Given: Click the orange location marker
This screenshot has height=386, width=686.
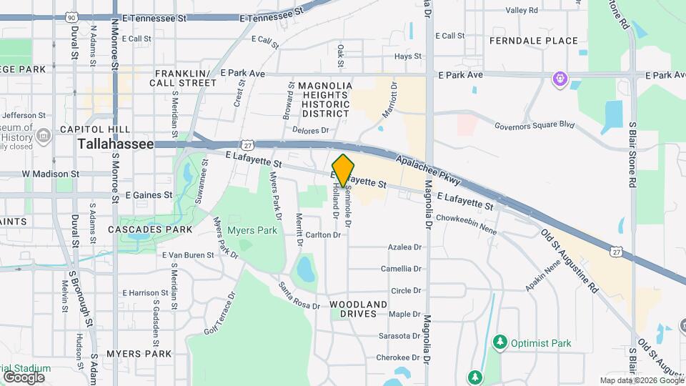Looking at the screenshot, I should click(x=344, y=170).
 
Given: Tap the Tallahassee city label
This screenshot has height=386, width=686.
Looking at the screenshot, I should click(x=116, y=144).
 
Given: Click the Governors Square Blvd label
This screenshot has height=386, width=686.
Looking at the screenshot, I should click(x=535, y=125).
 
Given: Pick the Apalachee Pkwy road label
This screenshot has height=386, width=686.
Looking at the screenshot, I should click(x=429, y=169).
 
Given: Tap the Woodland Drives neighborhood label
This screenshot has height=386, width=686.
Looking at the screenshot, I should click(x=359, y=309).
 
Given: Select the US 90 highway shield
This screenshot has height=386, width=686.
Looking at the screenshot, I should click(x=70, y=16).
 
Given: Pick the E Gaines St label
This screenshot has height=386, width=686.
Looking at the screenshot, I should click(x=149, y=194).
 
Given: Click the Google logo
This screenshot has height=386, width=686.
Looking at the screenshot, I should click(x=24, y=377).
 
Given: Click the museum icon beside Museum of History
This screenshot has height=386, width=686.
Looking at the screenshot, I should click(x=44, y=135).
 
